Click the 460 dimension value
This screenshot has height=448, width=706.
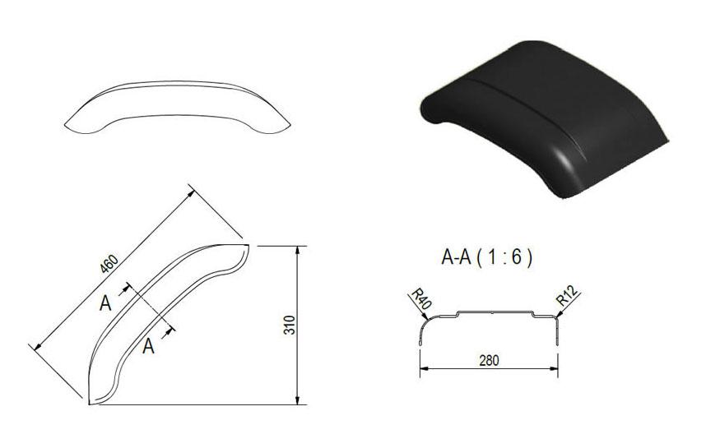(x=109, y=264)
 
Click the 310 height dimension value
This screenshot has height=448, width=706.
(x=290, y=326)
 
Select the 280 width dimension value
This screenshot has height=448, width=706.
(x=489, y=361)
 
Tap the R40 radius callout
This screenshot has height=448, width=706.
(x=421, y=298)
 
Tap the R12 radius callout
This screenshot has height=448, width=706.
(x=567, y=296)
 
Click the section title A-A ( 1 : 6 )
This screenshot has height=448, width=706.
(x=487, y=258)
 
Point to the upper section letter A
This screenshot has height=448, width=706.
(x=105, y=303)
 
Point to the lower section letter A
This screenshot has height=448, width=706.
(x=149, y=346)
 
